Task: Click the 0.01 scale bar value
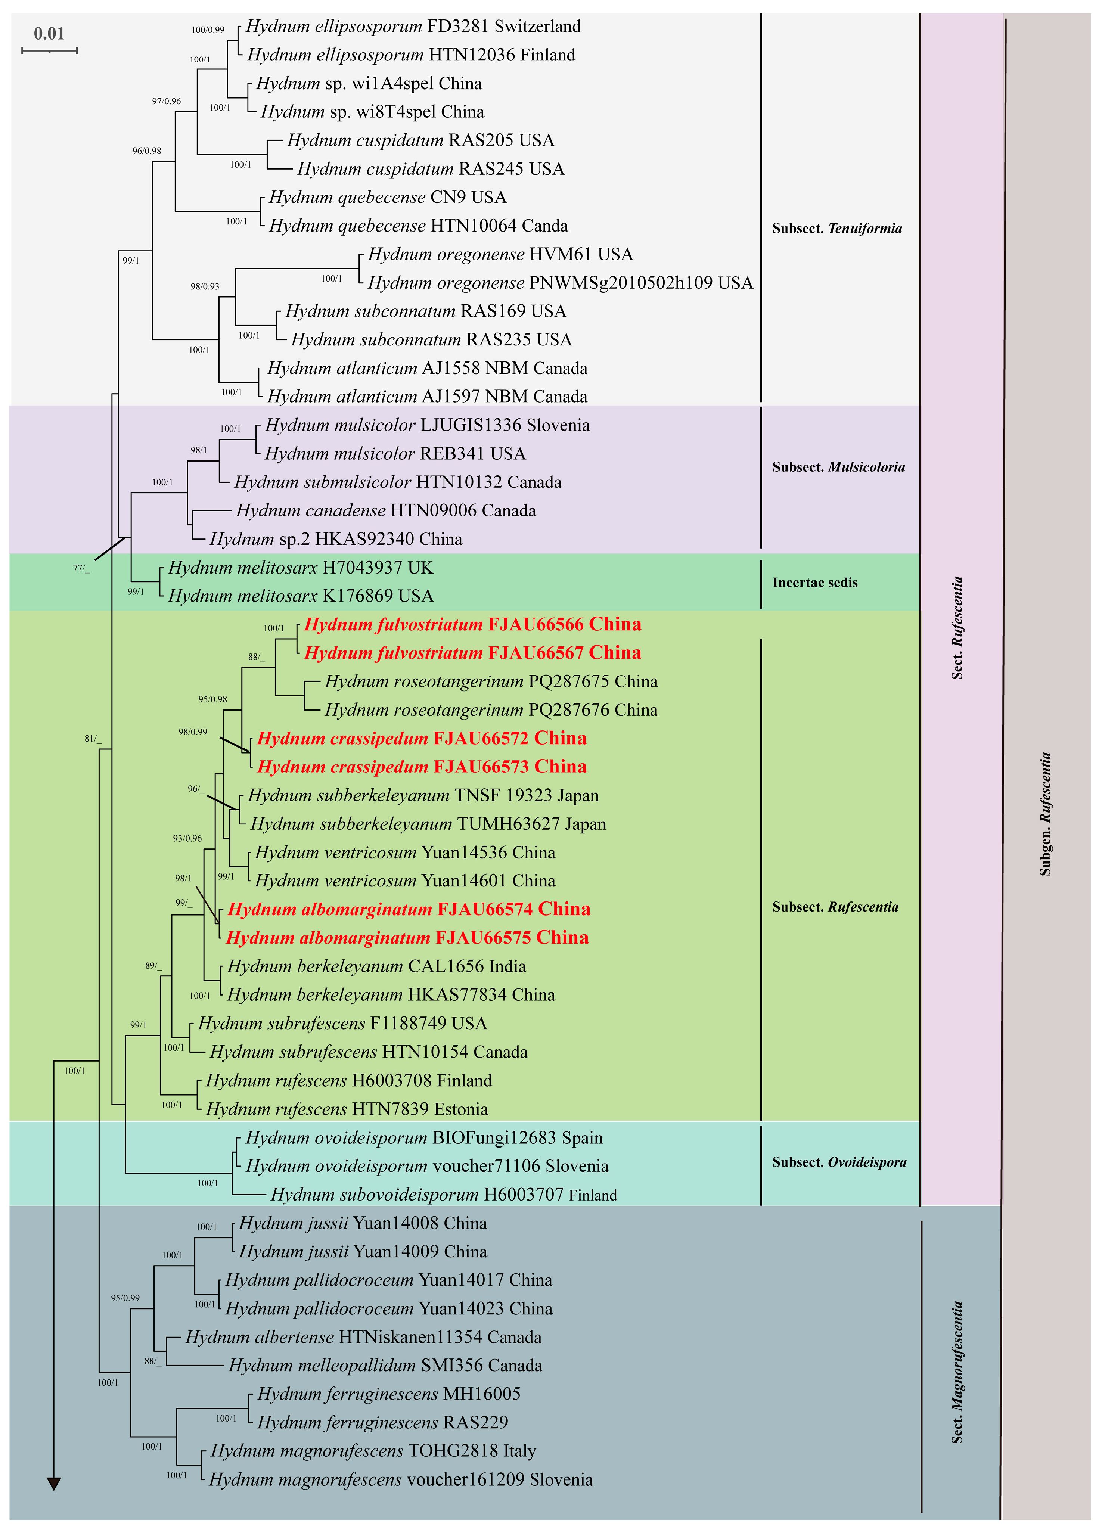click(x=49, y=33)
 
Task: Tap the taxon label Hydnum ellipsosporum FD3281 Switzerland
click(x=413, y=27)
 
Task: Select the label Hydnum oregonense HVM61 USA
click(x=500, y=255)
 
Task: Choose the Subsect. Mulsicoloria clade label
click(x=838, y=467)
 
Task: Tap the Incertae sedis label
click(x=814, y=583)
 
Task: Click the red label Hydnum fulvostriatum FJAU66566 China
click(x=472, y=624)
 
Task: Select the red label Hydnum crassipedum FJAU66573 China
click(x=421, y=767)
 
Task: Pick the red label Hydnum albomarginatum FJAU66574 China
click(x=409, y=909)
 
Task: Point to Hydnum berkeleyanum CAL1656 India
click(x=376, y=967)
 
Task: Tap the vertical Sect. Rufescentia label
click(x=957, y=628)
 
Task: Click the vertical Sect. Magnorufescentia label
click(x=957, y=1372)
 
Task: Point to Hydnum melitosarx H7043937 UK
click(x=301, y=568)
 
